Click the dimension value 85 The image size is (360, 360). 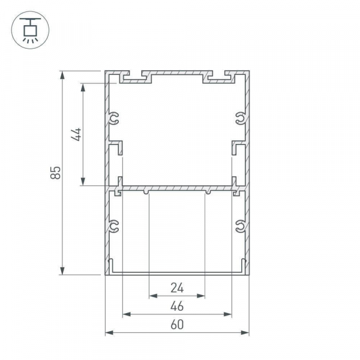click(56, 172)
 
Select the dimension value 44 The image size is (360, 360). click(76, 134)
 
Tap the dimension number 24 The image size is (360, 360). click(177, 288)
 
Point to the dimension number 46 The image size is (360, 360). click(177, 306)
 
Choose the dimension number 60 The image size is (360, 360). click(177, 325)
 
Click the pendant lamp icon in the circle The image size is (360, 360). click(31, 30)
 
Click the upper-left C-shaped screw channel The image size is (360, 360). click(113, 118)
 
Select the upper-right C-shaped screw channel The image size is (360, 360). click(241, 118)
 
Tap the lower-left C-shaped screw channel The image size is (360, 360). click(113, 226)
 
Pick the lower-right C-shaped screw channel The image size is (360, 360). click(241, 226)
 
